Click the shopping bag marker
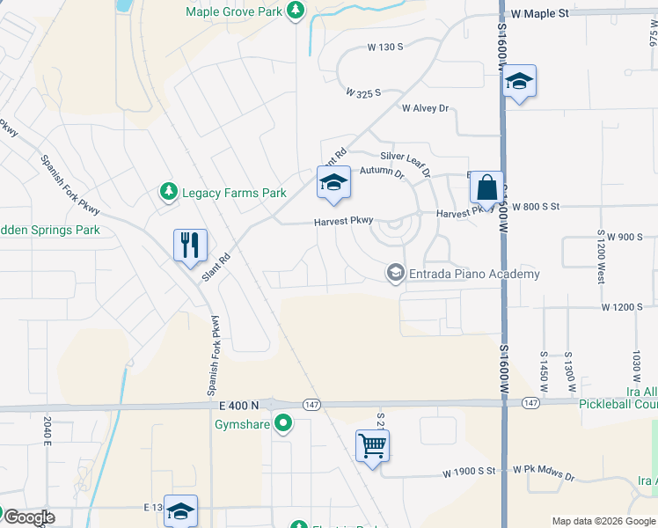(486, 187)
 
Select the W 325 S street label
(362, 92)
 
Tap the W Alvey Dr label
(425, 108)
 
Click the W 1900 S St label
(470, 473)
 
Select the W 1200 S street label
(624, 307)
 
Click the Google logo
(28, 517)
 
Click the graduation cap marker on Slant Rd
(333, 182)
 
